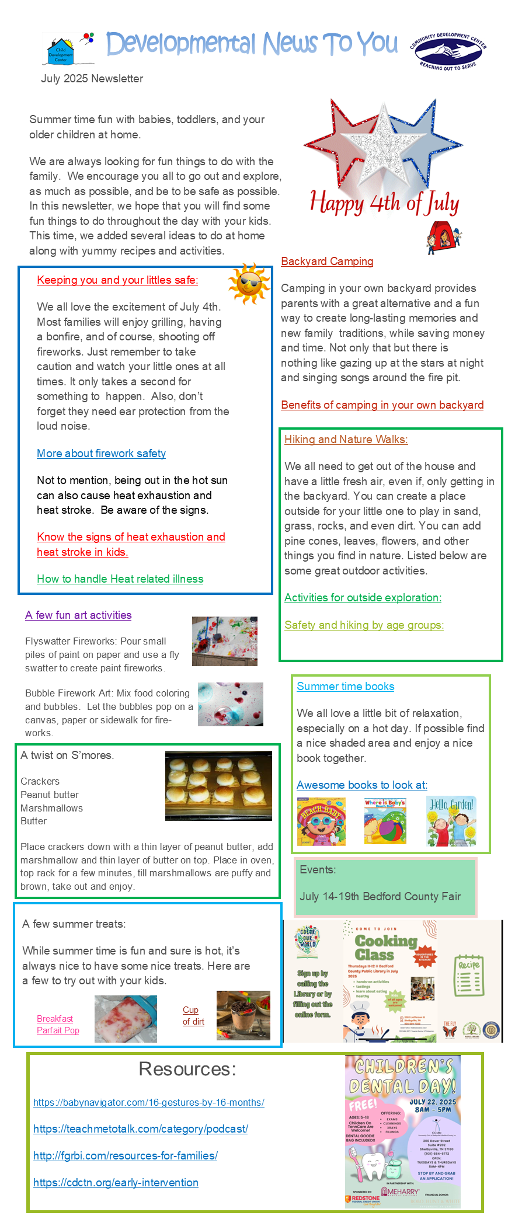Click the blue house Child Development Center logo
tap(61, 51)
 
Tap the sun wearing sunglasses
tap(249, 284)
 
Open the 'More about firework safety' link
tap(101, 454)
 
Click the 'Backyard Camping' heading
tap(327, 262)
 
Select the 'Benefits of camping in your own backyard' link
tap(382, 405)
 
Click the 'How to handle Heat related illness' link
tap(120, 579)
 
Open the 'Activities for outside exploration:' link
tap(363, 598)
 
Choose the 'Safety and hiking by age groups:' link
tap(364, 625)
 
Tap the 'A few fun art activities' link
tap(78, 615)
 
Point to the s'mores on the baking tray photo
tap(218, 785)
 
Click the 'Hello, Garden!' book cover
tap(451, 821)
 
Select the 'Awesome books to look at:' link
tap(361, 785)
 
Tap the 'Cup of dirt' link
tap(193, 1016)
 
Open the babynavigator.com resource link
tap(148, 1102)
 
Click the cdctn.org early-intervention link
tap(116, 1182)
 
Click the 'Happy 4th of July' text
tap(384, 203)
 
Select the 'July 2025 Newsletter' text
tap(92, 79)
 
